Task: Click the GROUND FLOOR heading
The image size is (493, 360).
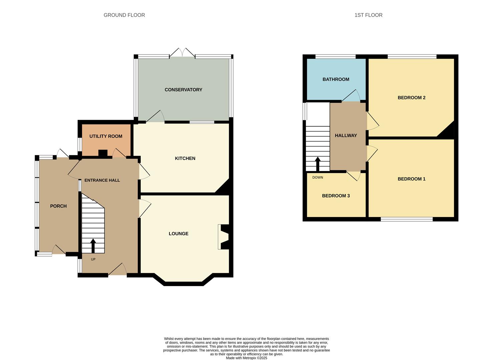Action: click(x=124, y=15)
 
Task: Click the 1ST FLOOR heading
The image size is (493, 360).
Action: click(x=368, y=15)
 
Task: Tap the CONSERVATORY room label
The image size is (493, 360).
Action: click(x=183, y=90)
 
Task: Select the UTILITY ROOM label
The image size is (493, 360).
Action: click(x=106, y=136)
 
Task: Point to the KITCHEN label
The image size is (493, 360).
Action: click(x=185, y=158)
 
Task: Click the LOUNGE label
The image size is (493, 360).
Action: click(x=178, y=234)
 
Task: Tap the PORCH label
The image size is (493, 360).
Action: click(x=58, y=206)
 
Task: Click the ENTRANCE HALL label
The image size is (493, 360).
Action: click(x=102, y=180)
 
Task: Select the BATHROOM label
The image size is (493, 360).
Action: click(x=336, y=79)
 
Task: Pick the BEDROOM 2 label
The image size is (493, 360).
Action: click(x=411, y=98)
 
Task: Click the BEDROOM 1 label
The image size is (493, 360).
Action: click(x=411, y=179)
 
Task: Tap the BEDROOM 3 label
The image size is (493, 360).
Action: click(x=336, y=196)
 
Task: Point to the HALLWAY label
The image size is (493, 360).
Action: click(x=346, y=135)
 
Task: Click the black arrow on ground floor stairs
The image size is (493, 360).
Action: click(x=93, y=245)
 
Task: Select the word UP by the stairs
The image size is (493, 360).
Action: click(x=93, y=259)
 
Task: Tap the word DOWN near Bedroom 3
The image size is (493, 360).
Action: click(x=318, y=177)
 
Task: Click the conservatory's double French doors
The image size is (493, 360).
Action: click(x=182, y=53)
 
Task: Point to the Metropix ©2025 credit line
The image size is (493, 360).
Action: click(x=246, y=358)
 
